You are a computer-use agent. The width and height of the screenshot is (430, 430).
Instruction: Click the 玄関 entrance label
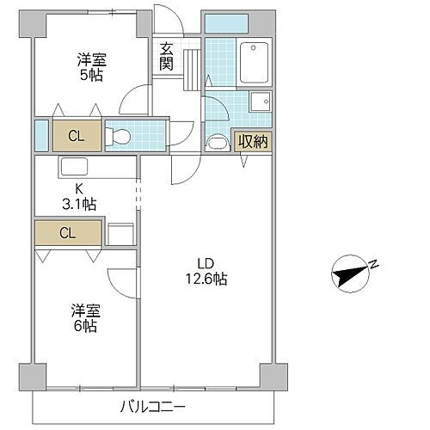167,57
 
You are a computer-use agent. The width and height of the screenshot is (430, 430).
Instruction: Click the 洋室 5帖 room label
91,66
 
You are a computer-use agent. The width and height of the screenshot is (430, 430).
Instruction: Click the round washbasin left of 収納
219,141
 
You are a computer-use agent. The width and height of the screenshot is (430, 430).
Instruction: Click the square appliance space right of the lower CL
120,235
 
